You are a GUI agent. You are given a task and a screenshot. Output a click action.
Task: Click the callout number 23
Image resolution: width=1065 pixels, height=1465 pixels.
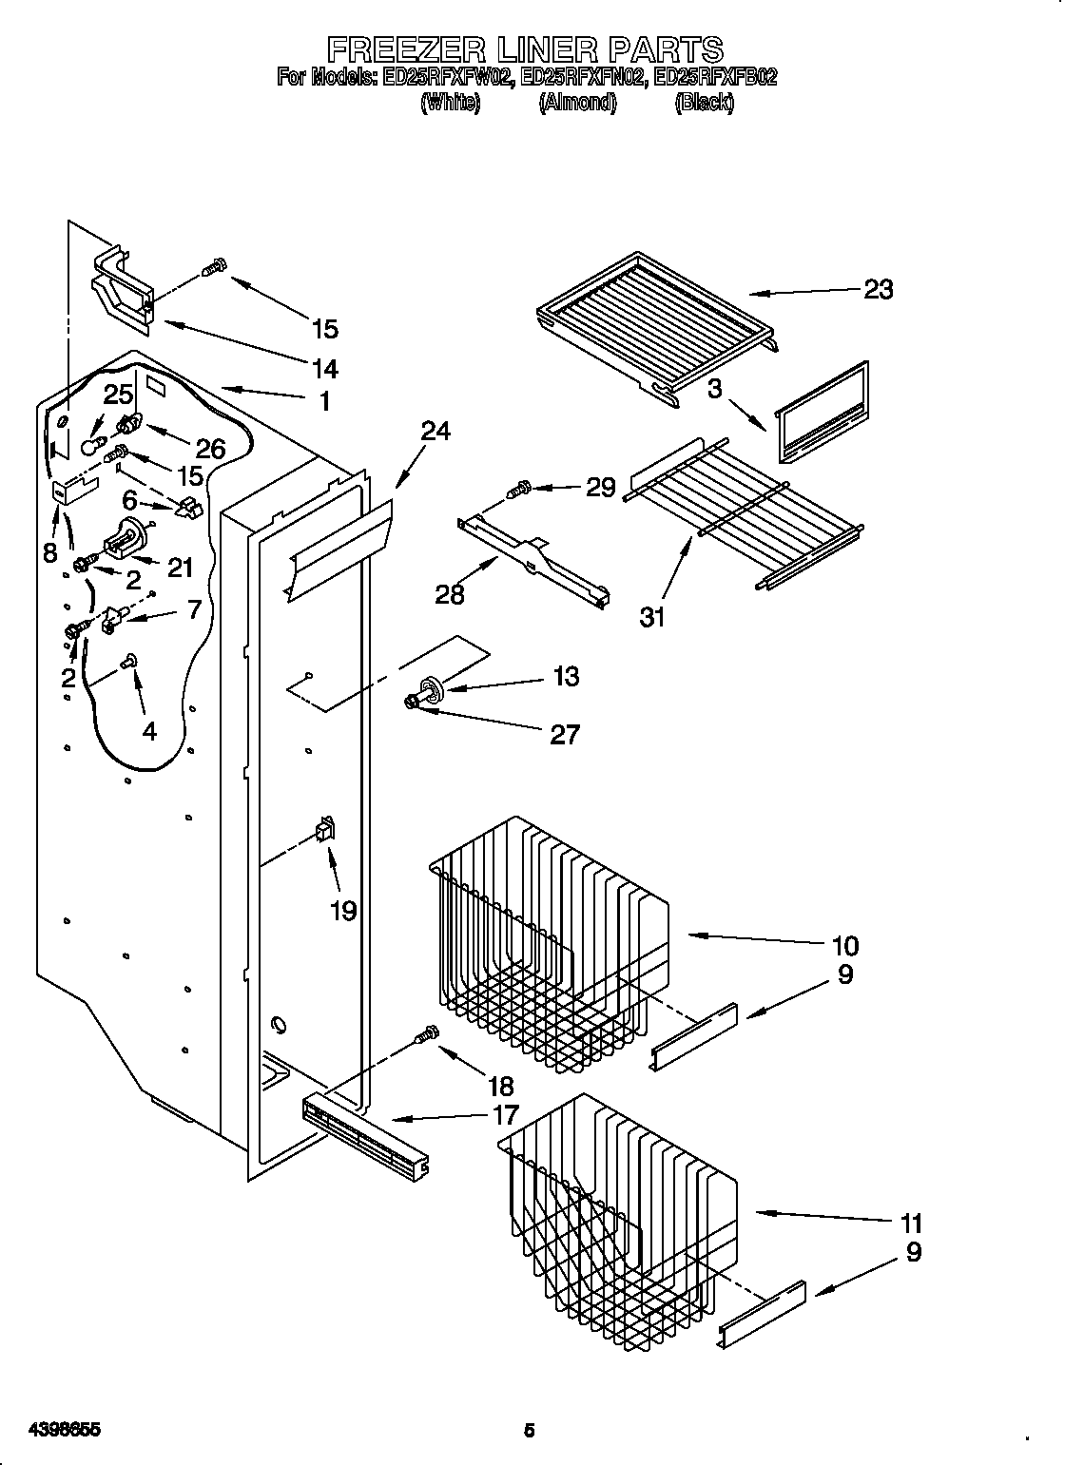(x=878, y=289)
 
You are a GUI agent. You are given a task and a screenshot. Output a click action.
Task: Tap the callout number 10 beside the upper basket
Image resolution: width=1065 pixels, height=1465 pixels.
(x=844, y=945)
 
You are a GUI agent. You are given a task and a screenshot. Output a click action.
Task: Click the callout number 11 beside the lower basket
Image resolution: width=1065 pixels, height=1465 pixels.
(x=910, y=1223)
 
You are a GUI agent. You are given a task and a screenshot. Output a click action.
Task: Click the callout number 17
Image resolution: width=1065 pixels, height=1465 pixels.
(x=505, y=1115)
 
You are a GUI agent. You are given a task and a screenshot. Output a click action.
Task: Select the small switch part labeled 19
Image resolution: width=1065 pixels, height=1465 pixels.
(x=325, y=831)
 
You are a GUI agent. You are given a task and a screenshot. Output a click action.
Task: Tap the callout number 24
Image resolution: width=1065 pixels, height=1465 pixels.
(x=436, y=431)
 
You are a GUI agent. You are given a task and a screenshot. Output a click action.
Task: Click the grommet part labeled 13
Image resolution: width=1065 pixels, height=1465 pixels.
(x=428, y=688)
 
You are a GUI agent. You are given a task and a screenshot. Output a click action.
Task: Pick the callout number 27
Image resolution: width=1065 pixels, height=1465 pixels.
(x=564, y=734)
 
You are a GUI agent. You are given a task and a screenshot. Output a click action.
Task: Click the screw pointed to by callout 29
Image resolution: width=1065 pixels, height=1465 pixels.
(x=519, y=491)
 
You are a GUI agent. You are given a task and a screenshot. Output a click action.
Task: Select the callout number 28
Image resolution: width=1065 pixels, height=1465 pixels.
(x=450, y=594)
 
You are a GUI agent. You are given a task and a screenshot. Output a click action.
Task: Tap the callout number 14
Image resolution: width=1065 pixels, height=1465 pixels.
(x=324, y=367)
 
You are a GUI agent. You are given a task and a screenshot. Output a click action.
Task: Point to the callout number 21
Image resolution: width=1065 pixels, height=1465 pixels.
(x=179, y=568)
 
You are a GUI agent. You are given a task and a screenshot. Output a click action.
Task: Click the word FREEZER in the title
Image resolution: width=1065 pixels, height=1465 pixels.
(x=405, y=48)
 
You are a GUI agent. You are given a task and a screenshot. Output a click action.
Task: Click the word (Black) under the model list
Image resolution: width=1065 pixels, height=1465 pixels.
(x=704, y=103)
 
